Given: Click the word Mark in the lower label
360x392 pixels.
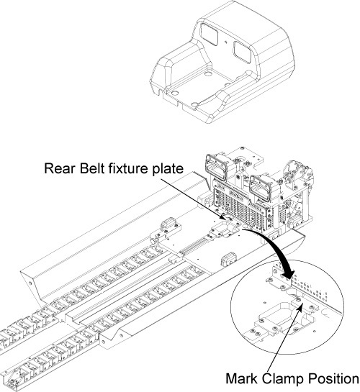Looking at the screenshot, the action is (x=241, y=379).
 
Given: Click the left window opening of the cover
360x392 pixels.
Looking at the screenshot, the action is (x=210, y=35).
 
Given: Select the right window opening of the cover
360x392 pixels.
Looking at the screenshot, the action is (x=242, y=52).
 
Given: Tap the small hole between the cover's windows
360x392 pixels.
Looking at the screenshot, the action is (x=225, y=42).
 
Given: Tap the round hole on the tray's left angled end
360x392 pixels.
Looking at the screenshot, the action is (x=30, y=283).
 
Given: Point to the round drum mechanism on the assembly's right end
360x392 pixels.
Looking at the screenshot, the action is (x=297, y=172).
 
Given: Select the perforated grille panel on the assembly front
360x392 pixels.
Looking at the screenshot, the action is (x=240, y=205).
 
